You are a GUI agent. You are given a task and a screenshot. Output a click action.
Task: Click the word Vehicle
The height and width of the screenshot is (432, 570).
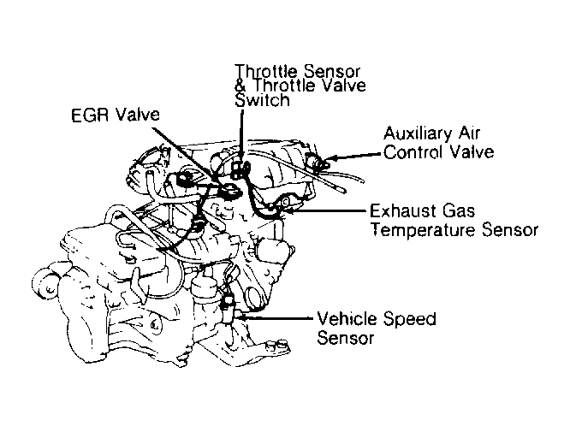tap(347, 318)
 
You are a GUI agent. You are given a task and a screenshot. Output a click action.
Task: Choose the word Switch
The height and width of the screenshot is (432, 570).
tap(262, 100)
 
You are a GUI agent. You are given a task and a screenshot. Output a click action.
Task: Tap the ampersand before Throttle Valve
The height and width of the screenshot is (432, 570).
tap(241, 86)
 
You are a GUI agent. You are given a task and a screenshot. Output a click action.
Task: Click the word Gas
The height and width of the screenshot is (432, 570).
tap(459, 210)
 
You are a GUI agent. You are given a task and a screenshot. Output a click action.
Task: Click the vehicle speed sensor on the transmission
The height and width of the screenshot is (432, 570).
tap(228, 305)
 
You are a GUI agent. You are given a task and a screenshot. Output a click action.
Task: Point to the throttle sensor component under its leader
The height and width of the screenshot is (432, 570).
tap(240, 169)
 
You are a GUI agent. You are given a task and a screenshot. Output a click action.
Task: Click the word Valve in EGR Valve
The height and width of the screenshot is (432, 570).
tap(138, 115)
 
